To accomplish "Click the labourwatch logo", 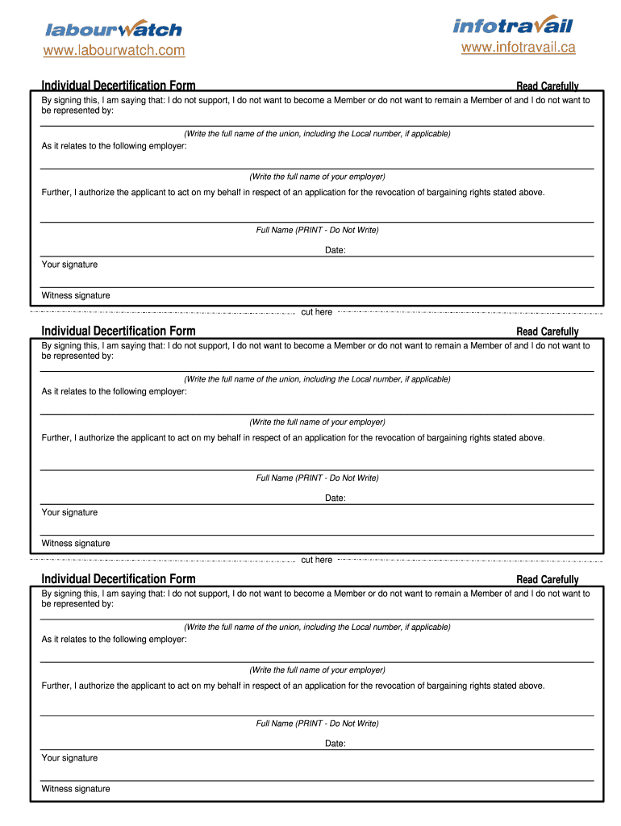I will (114, 29).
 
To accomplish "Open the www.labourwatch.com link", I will (114, 51).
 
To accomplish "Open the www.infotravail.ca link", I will (518, 48).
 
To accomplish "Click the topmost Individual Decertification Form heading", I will (119, 86).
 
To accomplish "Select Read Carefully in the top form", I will (547, 86).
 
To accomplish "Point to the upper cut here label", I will (316, 312).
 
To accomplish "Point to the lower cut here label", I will (316, 560).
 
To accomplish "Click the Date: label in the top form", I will (336, 250).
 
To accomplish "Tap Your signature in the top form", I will (70, 265).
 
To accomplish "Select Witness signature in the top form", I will (76, 295).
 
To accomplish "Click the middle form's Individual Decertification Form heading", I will (119, 331).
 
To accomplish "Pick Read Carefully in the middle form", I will (547, 332).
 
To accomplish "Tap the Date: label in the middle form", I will (336, 498).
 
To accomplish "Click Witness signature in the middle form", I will (76, 543).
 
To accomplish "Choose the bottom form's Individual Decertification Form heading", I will (119, 578).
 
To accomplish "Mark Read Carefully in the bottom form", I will (547, 579).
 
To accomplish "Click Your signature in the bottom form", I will (70, 757).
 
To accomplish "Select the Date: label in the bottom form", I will (336, 743).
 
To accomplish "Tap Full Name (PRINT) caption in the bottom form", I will (317, 724).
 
